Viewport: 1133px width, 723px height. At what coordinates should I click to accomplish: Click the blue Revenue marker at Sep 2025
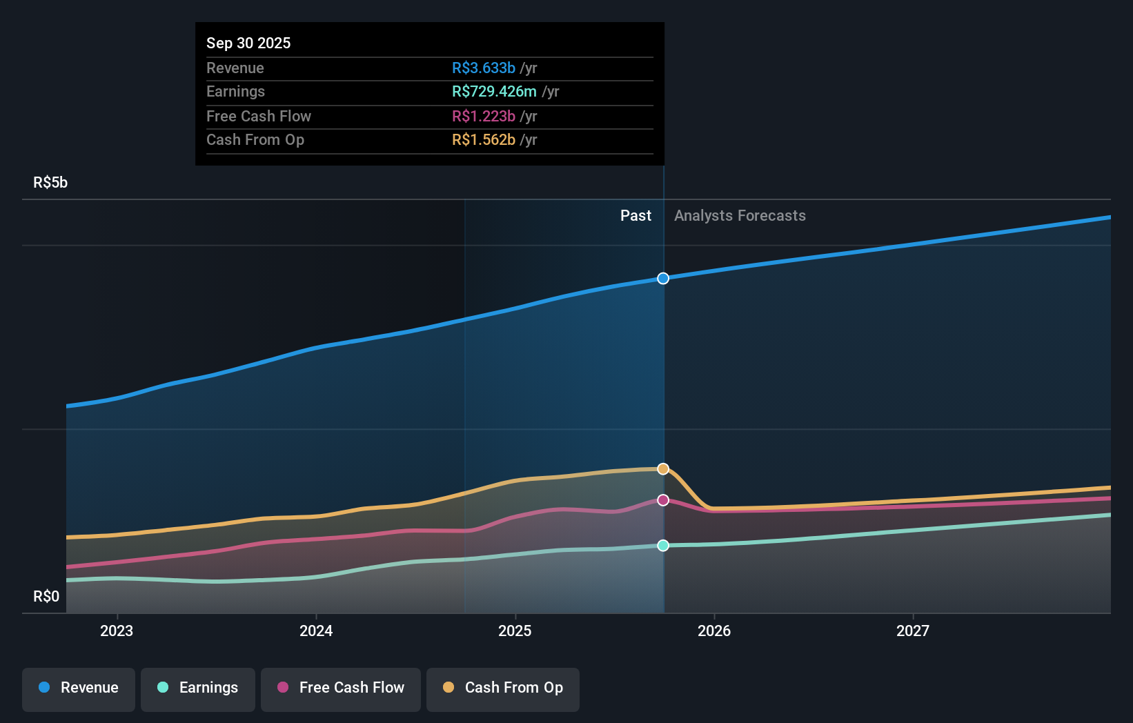(663, 279)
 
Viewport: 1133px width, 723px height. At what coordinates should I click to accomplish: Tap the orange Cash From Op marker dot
(663, 469)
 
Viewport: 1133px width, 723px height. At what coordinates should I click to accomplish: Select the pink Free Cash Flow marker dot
(663, 500)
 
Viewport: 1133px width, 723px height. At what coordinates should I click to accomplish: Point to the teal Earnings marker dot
(663, 546)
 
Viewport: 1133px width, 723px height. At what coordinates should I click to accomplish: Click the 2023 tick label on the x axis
(117, 631)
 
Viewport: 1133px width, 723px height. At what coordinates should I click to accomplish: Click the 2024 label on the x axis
(316, 631)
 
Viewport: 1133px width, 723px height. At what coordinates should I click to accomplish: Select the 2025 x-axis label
(515, 631)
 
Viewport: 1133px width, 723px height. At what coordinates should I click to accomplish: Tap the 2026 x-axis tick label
(714, 631)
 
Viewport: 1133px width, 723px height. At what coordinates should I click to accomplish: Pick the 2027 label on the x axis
(913, 631)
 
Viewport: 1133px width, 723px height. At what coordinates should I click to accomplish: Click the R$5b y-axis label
(50, 183)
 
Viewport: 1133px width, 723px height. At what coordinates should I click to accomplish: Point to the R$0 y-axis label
(46, 597)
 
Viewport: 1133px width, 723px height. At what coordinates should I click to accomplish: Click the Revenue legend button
(79, 688)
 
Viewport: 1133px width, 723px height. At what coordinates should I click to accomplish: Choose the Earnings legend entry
(198, 688)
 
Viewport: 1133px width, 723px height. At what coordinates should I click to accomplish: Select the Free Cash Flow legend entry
(341, 688)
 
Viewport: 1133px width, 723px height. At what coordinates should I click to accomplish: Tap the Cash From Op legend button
(503, 688)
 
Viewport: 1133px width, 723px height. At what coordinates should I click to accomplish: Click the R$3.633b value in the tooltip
(484, 68)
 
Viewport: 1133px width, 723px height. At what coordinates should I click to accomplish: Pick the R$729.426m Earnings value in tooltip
(494, 92)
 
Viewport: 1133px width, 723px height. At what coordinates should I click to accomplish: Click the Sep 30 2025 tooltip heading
(248, 43)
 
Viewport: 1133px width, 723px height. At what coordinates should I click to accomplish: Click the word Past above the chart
(636, 216)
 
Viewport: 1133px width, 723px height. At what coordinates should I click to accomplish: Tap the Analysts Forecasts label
(740, 216)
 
